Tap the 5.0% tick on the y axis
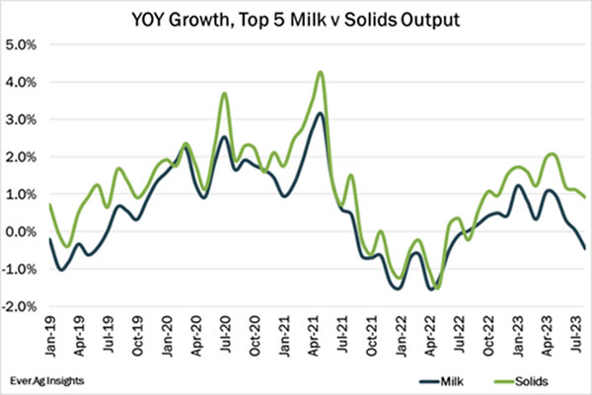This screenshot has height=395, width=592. click(x=22, y=44)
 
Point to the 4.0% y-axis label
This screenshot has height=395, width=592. click(x=22, y=82)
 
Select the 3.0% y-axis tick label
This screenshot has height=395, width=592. click(x=22, y=119)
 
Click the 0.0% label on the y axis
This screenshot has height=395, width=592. click(x=22, y=232)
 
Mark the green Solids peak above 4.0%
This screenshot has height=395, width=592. click(x=321, y=72)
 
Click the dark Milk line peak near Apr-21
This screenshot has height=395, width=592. click(x=320, y=113)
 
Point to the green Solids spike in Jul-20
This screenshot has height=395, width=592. click(x=225, y=94)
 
